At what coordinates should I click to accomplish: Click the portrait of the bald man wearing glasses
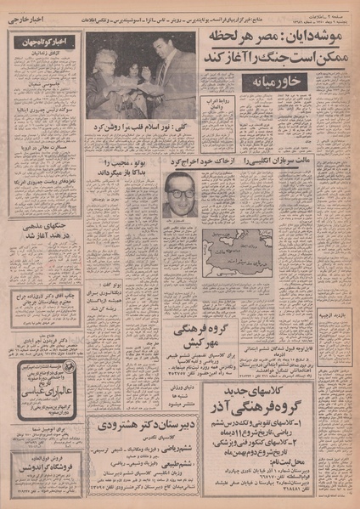coord(177,193)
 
